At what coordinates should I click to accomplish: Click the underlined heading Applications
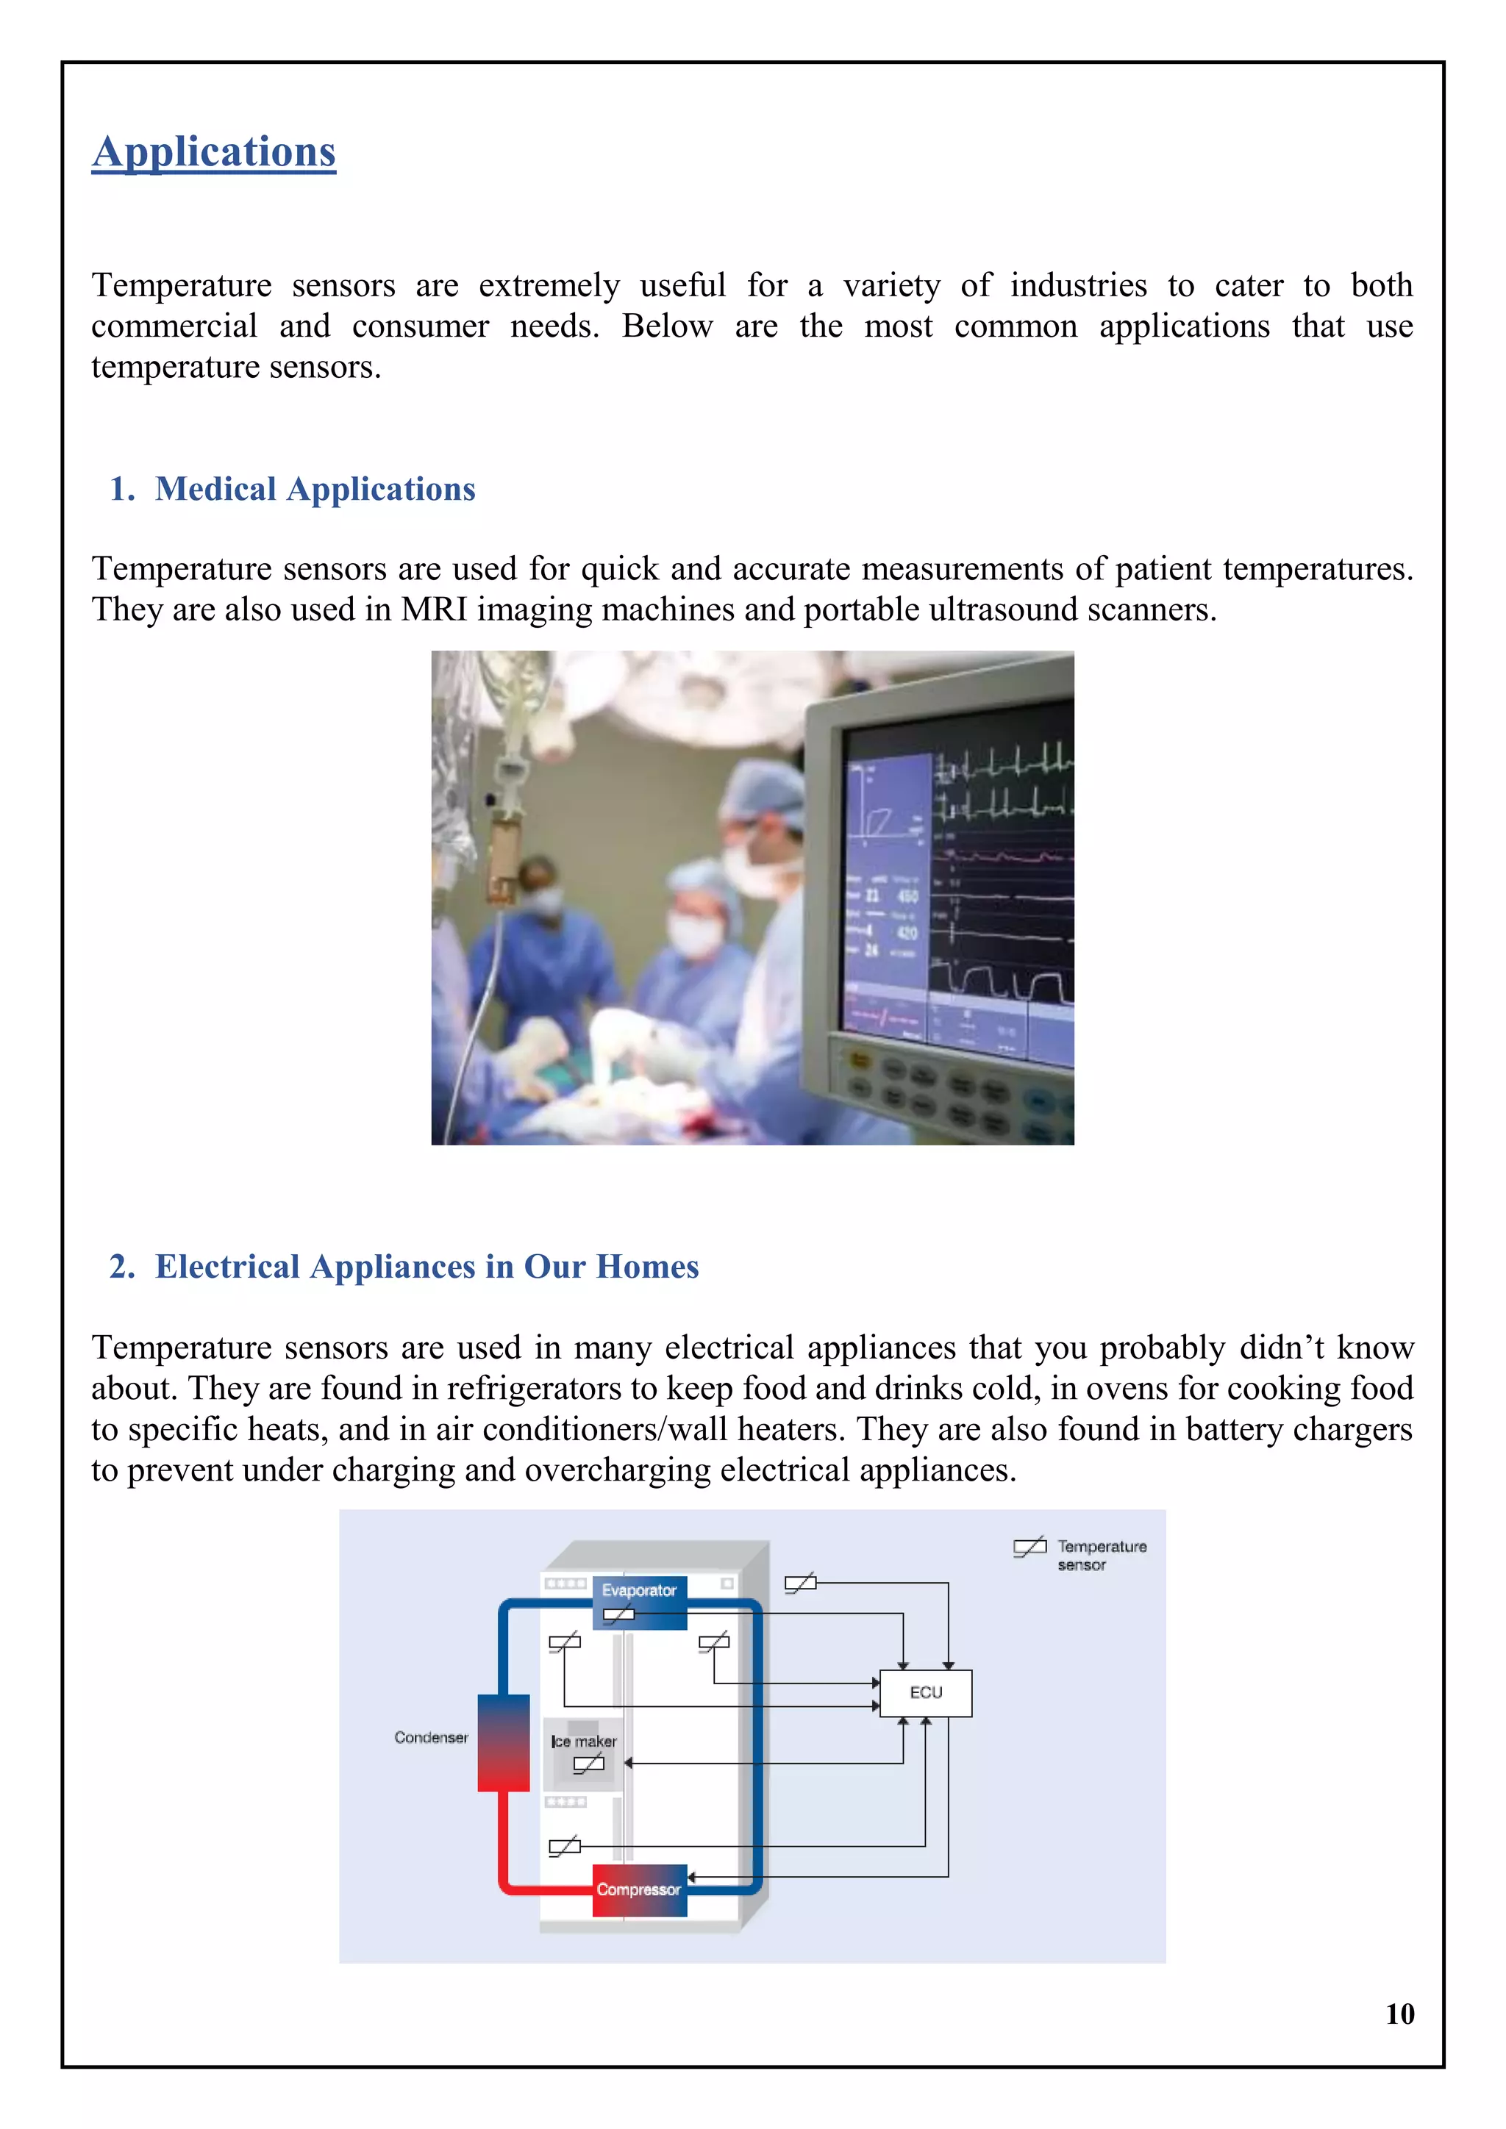tap(213, 152)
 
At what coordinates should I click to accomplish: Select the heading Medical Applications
tap(315, 489)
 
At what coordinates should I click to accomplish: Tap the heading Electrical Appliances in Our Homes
tap(426, 1267)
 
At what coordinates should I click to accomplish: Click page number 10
tap(1399, 2013)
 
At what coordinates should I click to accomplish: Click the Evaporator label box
tap(639, 1589)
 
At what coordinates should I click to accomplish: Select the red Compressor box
tap(639, 1889)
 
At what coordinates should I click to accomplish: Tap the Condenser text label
tap(430, 1736)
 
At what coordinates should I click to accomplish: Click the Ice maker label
tap(583, 1742)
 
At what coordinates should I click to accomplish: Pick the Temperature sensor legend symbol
tap(1029, 1546)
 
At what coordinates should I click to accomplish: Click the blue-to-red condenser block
tap(503, 1742)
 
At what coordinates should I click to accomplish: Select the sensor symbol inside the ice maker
tap(588, 1764)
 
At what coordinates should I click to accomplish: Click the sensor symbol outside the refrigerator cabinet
tap(800, 1583)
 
